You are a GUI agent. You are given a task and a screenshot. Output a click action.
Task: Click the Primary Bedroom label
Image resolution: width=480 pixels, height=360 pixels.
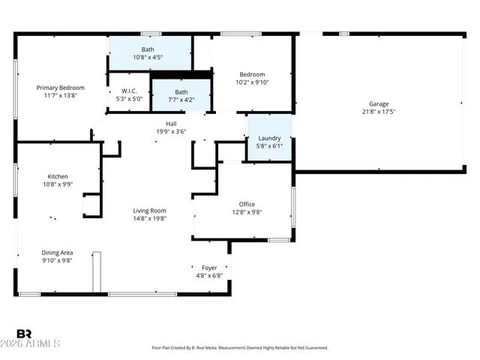[61, 88]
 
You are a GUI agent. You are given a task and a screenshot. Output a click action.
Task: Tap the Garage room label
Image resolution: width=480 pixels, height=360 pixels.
[379, 104]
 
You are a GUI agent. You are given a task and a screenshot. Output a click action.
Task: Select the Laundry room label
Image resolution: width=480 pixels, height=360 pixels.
[269, 139]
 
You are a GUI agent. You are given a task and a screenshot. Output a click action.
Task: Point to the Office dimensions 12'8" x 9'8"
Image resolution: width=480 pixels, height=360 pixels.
[247, 212]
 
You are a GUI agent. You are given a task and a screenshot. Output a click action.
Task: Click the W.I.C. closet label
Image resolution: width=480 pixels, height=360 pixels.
[129, 91]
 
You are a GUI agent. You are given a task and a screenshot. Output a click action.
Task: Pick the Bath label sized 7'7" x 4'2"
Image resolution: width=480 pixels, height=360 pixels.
[181, 91]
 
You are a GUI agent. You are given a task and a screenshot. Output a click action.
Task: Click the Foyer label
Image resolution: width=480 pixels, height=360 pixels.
[209, 268]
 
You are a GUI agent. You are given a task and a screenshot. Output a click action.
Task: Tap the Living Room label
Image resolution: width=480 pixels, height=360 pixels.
[150, 211]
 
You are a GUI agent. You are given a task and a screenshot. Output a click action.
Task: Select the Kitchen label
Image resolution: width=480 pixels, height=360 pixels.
[58, 176]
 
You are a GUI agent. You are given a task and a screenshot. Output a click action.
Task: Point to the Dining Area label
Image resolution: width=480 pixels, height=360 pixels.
[57, 253]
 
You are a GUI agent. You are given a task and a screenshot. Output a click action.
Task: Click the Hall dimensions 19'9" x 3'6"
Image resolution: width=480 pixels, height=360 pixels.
[171, 131]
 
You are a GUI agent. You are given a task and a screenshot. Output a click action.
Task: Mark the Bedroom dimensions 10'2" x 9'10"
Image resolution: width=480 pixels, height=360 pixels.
[252, 82]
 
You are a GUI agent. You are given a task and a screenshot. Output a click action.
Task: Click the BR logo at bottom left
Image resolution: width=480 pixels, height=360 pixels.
[24, 334]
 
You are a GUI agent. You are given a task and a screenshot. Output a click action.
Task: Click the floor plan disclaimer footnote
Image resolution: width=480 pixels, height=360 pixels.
[240, 348]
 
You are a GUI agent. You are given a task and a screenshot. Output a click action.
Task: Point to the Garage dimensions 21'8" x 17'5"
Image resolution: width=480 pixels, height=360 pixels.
[379, 112]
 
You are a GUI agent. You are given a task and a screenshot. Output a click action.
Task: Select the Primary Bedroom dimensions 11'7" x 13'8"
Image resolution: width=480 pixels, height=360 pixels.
[61, 96]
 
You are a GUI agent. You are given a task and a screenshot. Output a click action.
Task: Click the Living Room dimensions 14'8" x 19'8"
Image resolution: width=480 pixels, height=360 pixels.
[150, 219]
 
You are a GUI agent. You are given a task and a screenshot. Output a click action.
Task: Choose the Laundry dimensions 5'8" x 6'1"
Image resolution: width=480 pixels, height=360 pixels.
[269, 147]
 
